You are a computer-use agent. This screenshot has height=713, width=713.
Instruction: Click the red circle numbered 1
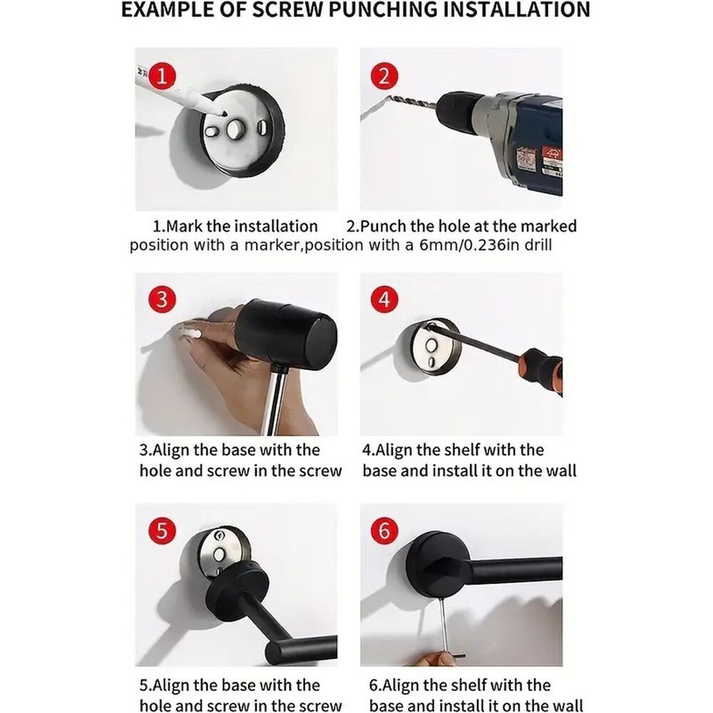[162, 76]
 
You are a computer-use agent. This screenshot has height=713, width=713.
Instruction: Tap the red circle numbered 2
[384, 76]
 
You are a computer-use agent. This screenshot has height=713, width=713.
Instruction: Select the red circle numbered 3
[162, 299]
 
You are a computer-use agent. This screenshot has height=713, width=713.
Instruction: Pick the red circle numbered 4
[384, 299]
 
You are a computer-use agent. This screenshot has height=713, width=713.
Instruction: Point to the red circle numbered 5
[162, 530]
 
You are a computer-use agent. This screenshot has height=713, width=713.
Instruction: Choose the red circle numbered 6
[384, 530]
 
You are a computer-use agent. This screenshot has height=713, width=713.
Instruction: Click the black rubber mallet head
[287, 332]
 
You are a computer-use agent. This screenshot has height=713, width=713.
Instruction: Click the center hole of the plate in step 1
[235, 130]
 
